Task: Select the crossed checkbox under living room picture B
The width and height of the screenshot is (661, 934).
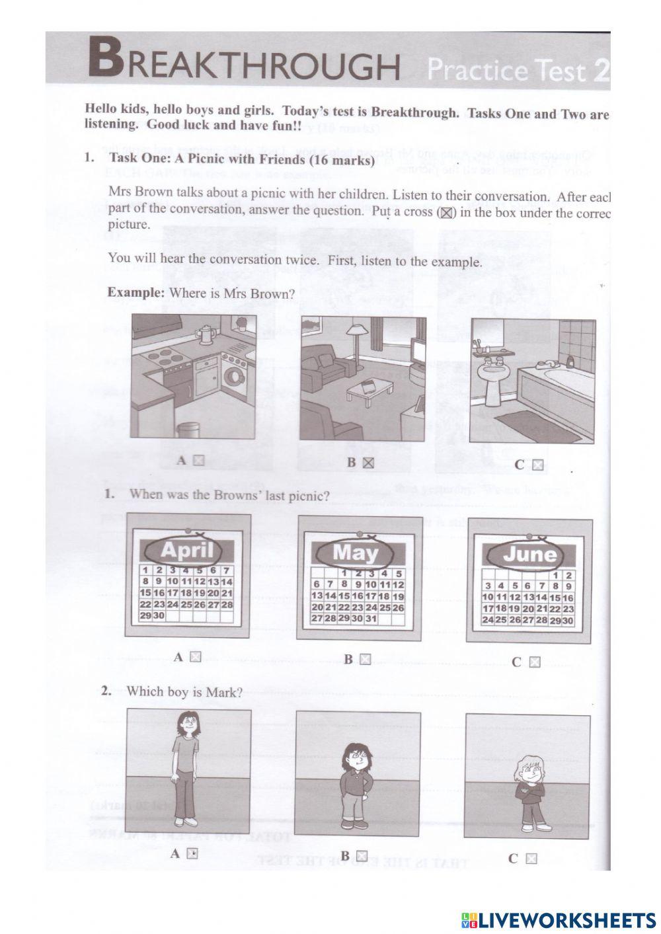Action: point(368,463)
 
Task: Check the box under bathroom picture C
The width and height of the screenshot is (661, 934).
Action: point(538,465)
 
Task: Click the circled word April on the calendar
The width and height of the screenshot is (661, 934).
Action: point(187,549)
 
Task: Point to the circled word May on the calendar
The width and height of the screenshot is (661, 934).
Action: point(355,553)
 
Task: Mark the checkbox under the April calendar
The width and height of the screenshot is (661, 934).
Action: point(194,657)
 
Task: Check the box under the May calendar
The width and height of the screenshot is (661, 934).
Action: point(365,659)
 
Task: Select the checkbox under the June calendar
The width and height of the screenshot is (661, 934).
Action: point(535,662)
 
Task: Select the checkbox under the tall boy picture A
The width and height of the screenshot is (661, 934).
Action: point(192,853)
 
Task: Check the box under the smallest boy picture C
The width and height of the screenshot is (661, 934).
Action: point(531,859)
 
